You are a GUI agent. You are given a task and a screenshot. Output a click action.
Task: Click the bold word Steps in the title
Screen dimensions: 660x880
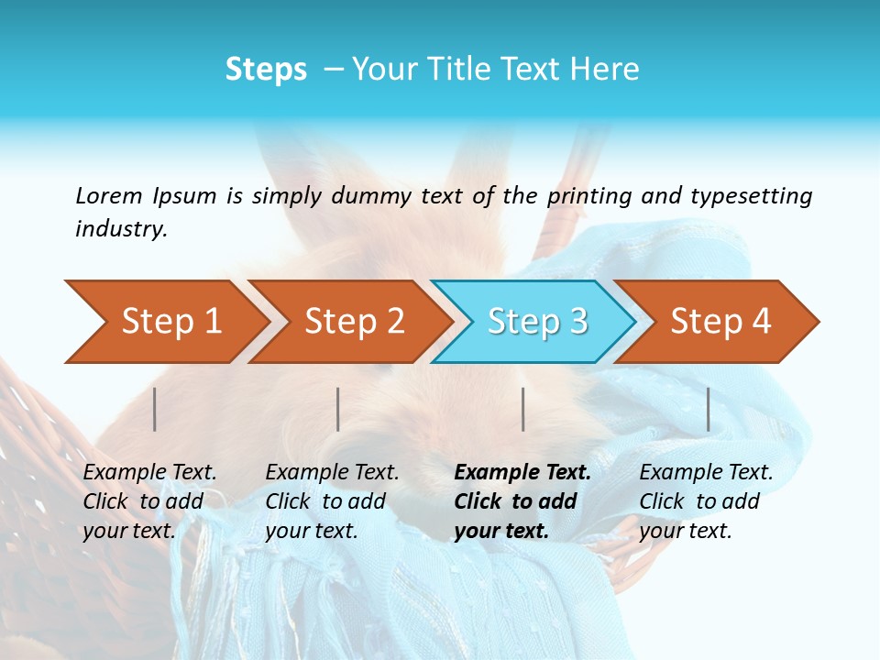coord(266,69)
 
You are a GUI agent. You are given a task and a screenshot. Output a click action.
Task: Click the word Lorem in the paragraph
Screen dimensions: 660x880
coord(109,195)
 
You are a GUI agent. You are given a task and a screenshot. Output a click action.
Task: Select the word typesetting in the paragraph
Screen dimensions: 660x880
coord(751,195)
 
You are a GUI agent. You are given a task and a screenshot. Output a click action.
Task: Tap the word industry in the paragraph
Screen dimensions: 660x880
coord(120,228)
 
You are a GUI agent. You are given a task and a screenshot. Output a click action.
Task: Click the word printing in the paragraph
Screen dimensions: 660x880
coord(587,195)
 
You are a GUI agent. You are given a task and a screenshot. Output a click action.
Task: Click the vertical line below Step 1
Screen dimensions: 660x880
coord(155,409)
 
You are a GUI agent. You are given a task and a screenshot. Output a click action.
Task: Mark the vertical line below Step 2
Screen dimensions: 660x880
coord(338,409)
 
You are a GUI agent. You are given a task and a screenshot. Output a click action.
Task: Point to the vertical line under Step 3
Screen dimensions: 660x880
coord(523,409)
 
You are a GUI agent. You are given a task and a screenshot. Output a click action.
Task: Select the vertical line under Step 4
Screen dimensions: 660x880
coord(709,409)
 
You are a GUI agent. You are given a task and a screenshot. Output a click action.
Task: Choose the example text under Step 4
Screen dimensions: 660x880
coord(703,501)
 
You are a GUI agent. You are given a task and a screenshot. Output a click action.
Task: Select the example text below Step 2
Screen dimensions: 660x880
coord(330,501)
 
